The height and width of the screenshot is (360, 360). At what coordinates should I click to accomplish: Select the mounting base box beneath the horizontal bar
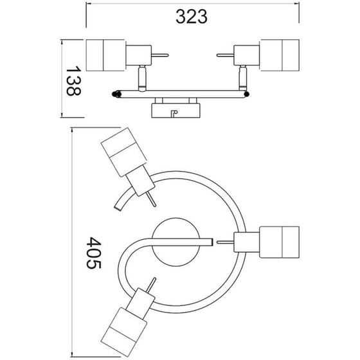(x=175, y=110)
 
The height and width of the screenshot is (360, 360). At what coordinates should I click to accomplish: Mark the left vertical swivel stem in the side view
(x=142, y=78)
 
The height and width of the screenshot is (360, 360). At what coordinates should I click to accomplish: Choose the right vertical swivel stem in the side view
(x=244, y=78)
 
